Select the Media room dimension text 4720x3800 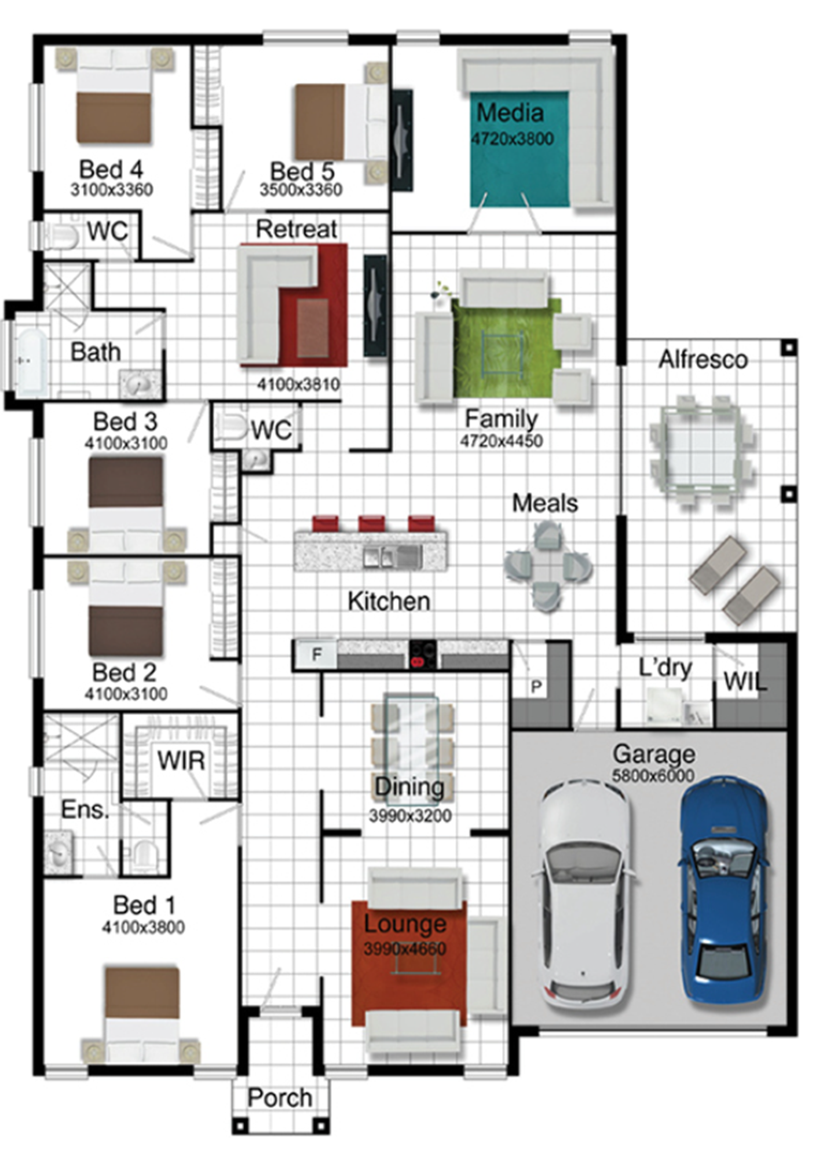pyautogui.click(x=512, y=139)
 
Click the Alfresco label pyautogui.click(x=703, y=360)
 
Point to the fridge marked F pyautogui.click(x=316, y=654)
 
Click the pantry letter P pyautogui.click(x=536, y=687)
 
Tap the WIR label pyautogui.click(x=181, y=761)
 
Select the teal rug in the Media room pyautogui.click(x=519, y=149)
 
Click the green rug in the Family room pyautogui.click(x=506, y=347)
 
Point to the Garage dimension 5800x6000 pyautogui.click(x=653, y=775)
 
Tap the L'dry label pyautogui.click(x=665, y=668)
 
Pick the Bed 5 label pyautogui.click(x=302, y=171)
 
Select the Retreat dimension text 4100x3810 pyautogui.click(x=298, y=384)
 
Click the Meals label pyautogui.click(x=545, y=503)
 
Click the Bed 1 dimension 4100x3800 pyautogui.click(x=143, y=927)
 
